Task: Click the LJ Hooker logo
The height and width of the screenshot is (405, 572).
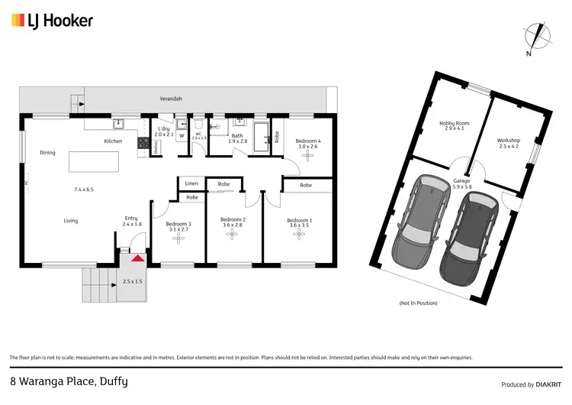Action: (x=52, y=21)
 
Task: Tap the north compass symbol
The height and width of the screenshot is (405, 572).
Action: (x=540, y=37)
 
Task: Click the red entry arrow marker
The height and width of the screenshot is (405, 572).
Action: (x=137, y=259)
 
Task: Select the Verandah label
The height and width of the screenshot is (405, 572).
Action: (x=170, y=99)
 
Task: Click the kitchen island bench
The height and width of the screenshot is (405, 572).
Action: (x=95, y=163)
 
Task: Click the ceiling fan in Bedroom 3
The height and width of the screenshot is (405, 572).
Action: (x=179, y=238)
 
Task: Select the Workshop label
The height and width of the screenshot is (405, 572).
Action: (x=508, y=141)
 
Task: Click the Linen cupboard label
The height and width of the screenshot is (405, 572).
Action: (x=191, y=184)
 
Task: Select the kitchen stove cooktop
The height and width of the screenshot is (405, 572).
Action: (x=142, y=141)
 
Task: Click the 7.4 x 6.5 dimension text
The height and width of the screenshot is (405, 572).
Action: (x=84, y=189)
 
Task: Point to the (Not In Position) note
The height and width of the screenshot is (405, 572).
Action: (x=418, y=303)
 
